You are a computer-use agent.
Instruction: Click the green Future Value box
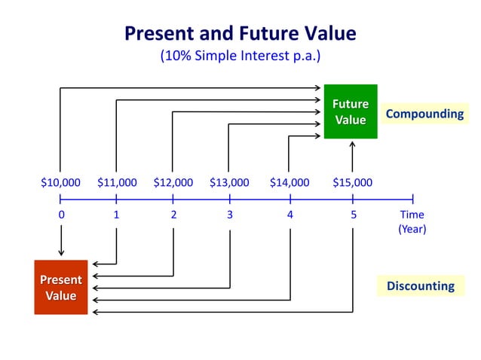[x=351, y=111]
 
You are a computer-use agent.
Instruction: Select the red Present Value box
[x=61, y=287]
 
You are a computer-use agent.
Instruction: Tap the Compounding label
[x=424, y=114]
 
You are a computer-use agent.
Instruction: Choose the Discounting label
[x=420, y=285]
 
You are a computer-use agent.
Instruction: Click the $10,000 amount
[x=60, y=182]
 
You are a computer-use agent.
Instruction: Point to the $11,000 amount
[x=117, y=182]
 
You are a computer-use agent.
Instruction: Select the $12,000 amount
[x=173, y=182]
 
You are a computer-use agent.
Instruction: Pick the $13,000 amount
[x=229, y=182]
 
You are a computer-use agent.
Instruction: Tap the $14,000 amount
[x=290, y=182]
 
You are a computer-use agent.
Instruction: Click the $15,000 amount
[x=352, y=182]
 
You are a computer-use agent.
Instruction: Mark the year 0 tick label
[x=61, y=215]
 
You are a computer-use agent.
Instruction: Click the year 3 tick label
[x=229, y=215]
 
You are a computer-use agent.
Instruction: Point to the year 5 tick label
[x=352, y=215]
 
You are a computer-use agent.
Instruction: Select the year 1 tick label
[x=116, y=215]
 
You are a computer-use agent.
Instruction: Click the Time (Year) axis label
[x=412, y=222]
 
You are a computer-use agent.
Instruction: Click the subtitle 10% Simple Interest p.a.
[x=240, y=56]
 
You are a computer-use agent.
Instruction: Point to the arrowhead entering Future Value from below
[x=352, y=144]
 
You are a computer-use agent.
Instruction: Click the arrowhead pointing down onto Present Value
[x=61, y=254]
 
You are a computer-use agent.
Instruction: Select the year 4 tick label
[x=290, y=215]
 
